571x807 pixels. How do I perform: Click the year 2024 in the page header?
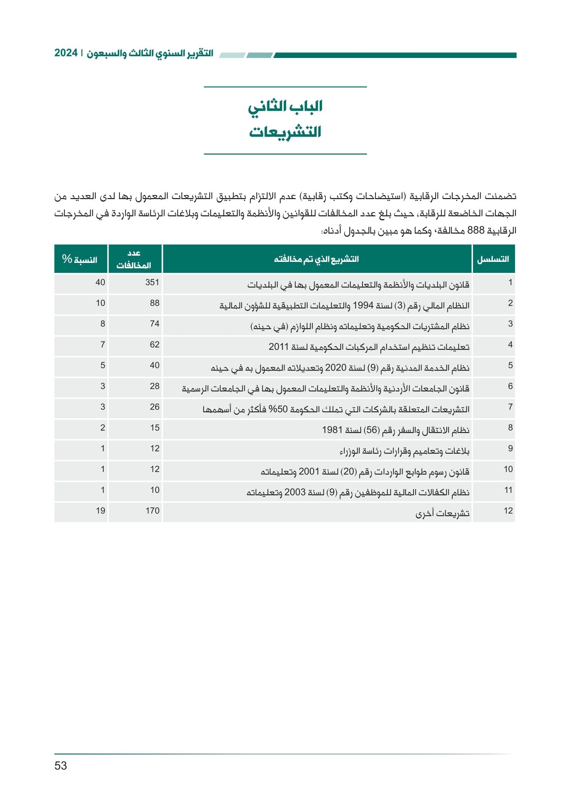pyautogui.click(x=66, y=53)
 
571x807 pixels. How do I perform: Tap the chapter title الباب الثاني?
pyautogui.click(x=285, y=107)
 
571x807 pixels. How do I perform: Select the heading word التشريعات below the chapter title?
pyautogui.click(x=285, y=132)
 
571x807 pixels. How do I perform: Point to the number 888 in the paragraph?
pyautogui.click(x=476, y=230)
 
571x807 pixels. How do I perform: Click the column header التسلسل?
pyautogui.click(x=493, y=259)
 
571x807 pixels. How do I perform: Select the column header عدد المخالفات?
pyautogui.click(x=134, y=259)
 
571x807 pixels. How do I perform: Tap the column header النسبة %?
pyautogui.click(x=79, y=259)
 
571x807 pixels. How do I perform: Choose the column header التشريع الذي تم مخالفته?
pyautogui.click(x=316, y=259)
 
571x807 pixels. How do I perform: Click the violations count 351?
pyautogui.click(x=152, y=283)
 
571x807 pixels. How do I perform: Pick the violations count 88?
pyautogui.click(x=154, y=303)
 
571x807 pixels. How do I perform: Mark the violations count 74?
pyautogui.click(x=154, y=324)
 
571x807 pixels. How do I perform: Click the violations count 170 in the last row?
pyautogui.click(x=152, y=511)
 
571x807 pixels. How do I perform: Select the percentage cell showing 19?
pyautogui.click(x=100, y=511)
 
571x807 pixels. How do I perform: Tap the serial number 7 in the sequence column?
pyautogui.click(x=510, y=407)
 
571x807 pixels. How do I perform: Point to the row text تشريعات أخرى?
pyautogui.click(x=442, y=513)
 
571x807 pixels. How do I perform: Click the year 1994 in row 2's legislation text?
pyautogui.click(x=363, y=305)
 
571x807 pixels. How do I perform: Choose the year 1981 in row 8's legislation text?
pyautogui.click(x=332, y=430)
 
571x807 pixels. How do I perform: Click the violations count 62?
pyautogui.click(x=154, y=345)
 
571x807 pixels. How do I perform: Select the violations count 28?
pyautogui.click(x=154, y=386)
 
